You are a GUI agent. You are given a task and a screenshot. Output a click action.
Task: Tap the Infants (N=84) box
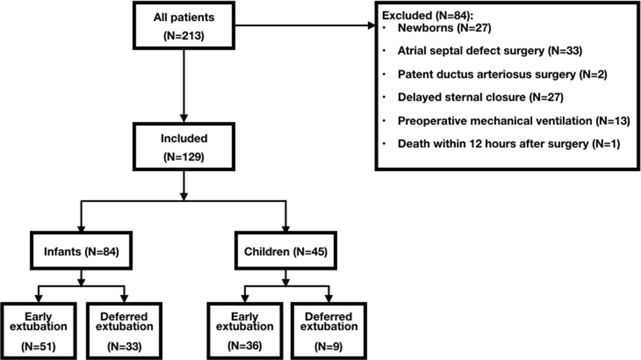point(81,251)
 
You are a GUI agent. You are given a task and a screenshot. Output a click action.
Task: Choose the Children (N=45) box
point(286,251)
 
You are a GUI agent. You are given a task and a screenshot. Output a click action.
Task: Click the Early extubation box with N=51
point(38,331)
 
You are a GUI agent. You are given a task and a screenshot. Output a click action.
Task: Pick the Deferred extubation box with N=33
point(124,331)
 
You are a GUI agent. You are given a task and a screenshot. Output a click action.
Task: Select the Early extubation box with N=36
point(245,331)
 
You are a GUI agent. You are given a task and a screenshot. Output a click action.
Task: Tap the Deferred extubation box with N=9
point(329,331)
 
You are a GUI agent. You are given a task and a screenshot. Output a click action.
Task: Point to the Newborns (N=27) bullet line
point(444,28)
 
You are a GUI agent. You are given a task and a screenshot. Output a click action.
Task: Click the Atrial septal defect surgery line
point(489,51)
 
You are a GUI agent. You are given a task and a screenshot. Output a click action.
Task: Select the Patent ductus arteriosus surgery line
point(502,74)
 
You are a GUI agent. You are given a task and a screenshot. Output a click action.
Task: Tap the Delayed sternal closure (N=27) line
point(480,97)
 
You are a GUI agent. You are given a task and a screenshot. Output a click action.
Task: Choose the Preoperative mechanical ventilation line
point(514,121)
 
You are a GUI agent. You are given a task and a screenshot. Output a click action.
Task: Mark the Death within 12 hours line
point(508,144)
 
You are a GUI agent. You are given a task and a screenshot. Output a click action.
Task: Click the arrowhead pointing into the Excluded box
point(371,26)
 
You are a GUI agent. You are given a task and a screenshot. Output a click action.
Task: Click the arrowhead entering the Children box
point(286,228)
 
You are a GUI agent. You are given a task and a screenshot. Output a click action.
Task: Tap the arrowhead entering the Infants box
point(81,228)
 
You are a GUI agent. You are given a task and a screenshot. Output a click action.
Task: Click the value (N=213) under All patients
point(184,36)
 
